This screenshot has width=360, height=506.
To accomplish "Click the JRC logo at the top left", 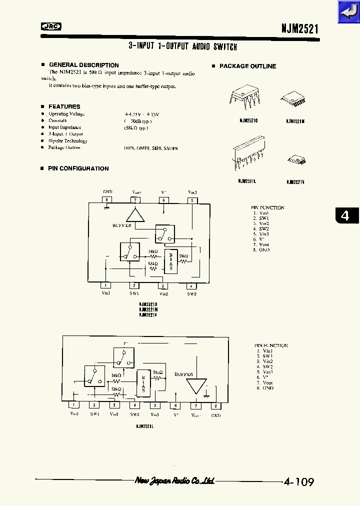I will click(x=50, y=27).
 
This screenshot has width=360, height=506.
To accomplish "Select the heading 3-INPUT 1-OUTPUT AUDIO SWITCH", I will click(x=182, y=46).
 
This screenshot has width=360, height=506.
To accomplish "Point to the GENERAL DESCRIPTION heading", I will click(x=83, y=65).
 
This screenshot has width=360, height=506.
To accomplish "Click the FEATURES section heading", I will click(x=64, y=106).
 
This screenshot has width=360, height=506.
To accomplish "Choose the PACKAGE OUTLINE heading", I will click(x=247, y=66).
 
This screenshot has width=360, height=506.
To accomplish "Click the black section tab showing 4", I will click(x=345, y=215).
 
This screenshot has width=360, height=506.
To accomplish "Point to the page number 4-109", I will click(x=298, y=482).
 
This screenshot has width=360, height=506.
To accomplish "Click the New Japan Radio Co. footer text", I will click(x=174, y=480).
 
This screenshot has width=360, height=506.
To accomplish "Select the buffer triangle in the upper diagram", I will click(x=134, y=214).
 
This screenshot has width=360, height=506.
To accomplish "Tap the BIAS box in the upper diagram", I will click(x=171, y=260).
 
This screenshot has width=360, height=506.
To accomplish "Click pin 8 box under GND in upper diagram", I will click(x=106, y=200).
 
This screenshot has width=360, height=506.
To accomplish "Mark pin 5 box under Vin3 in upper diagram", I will click(x=192, y=200).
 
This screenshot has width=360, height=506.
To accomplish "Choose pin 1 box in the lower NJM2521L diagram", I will click(x=74, y=405).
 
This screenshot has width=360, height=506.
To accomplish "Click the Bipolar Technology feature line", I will click(x=67, y=141).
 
